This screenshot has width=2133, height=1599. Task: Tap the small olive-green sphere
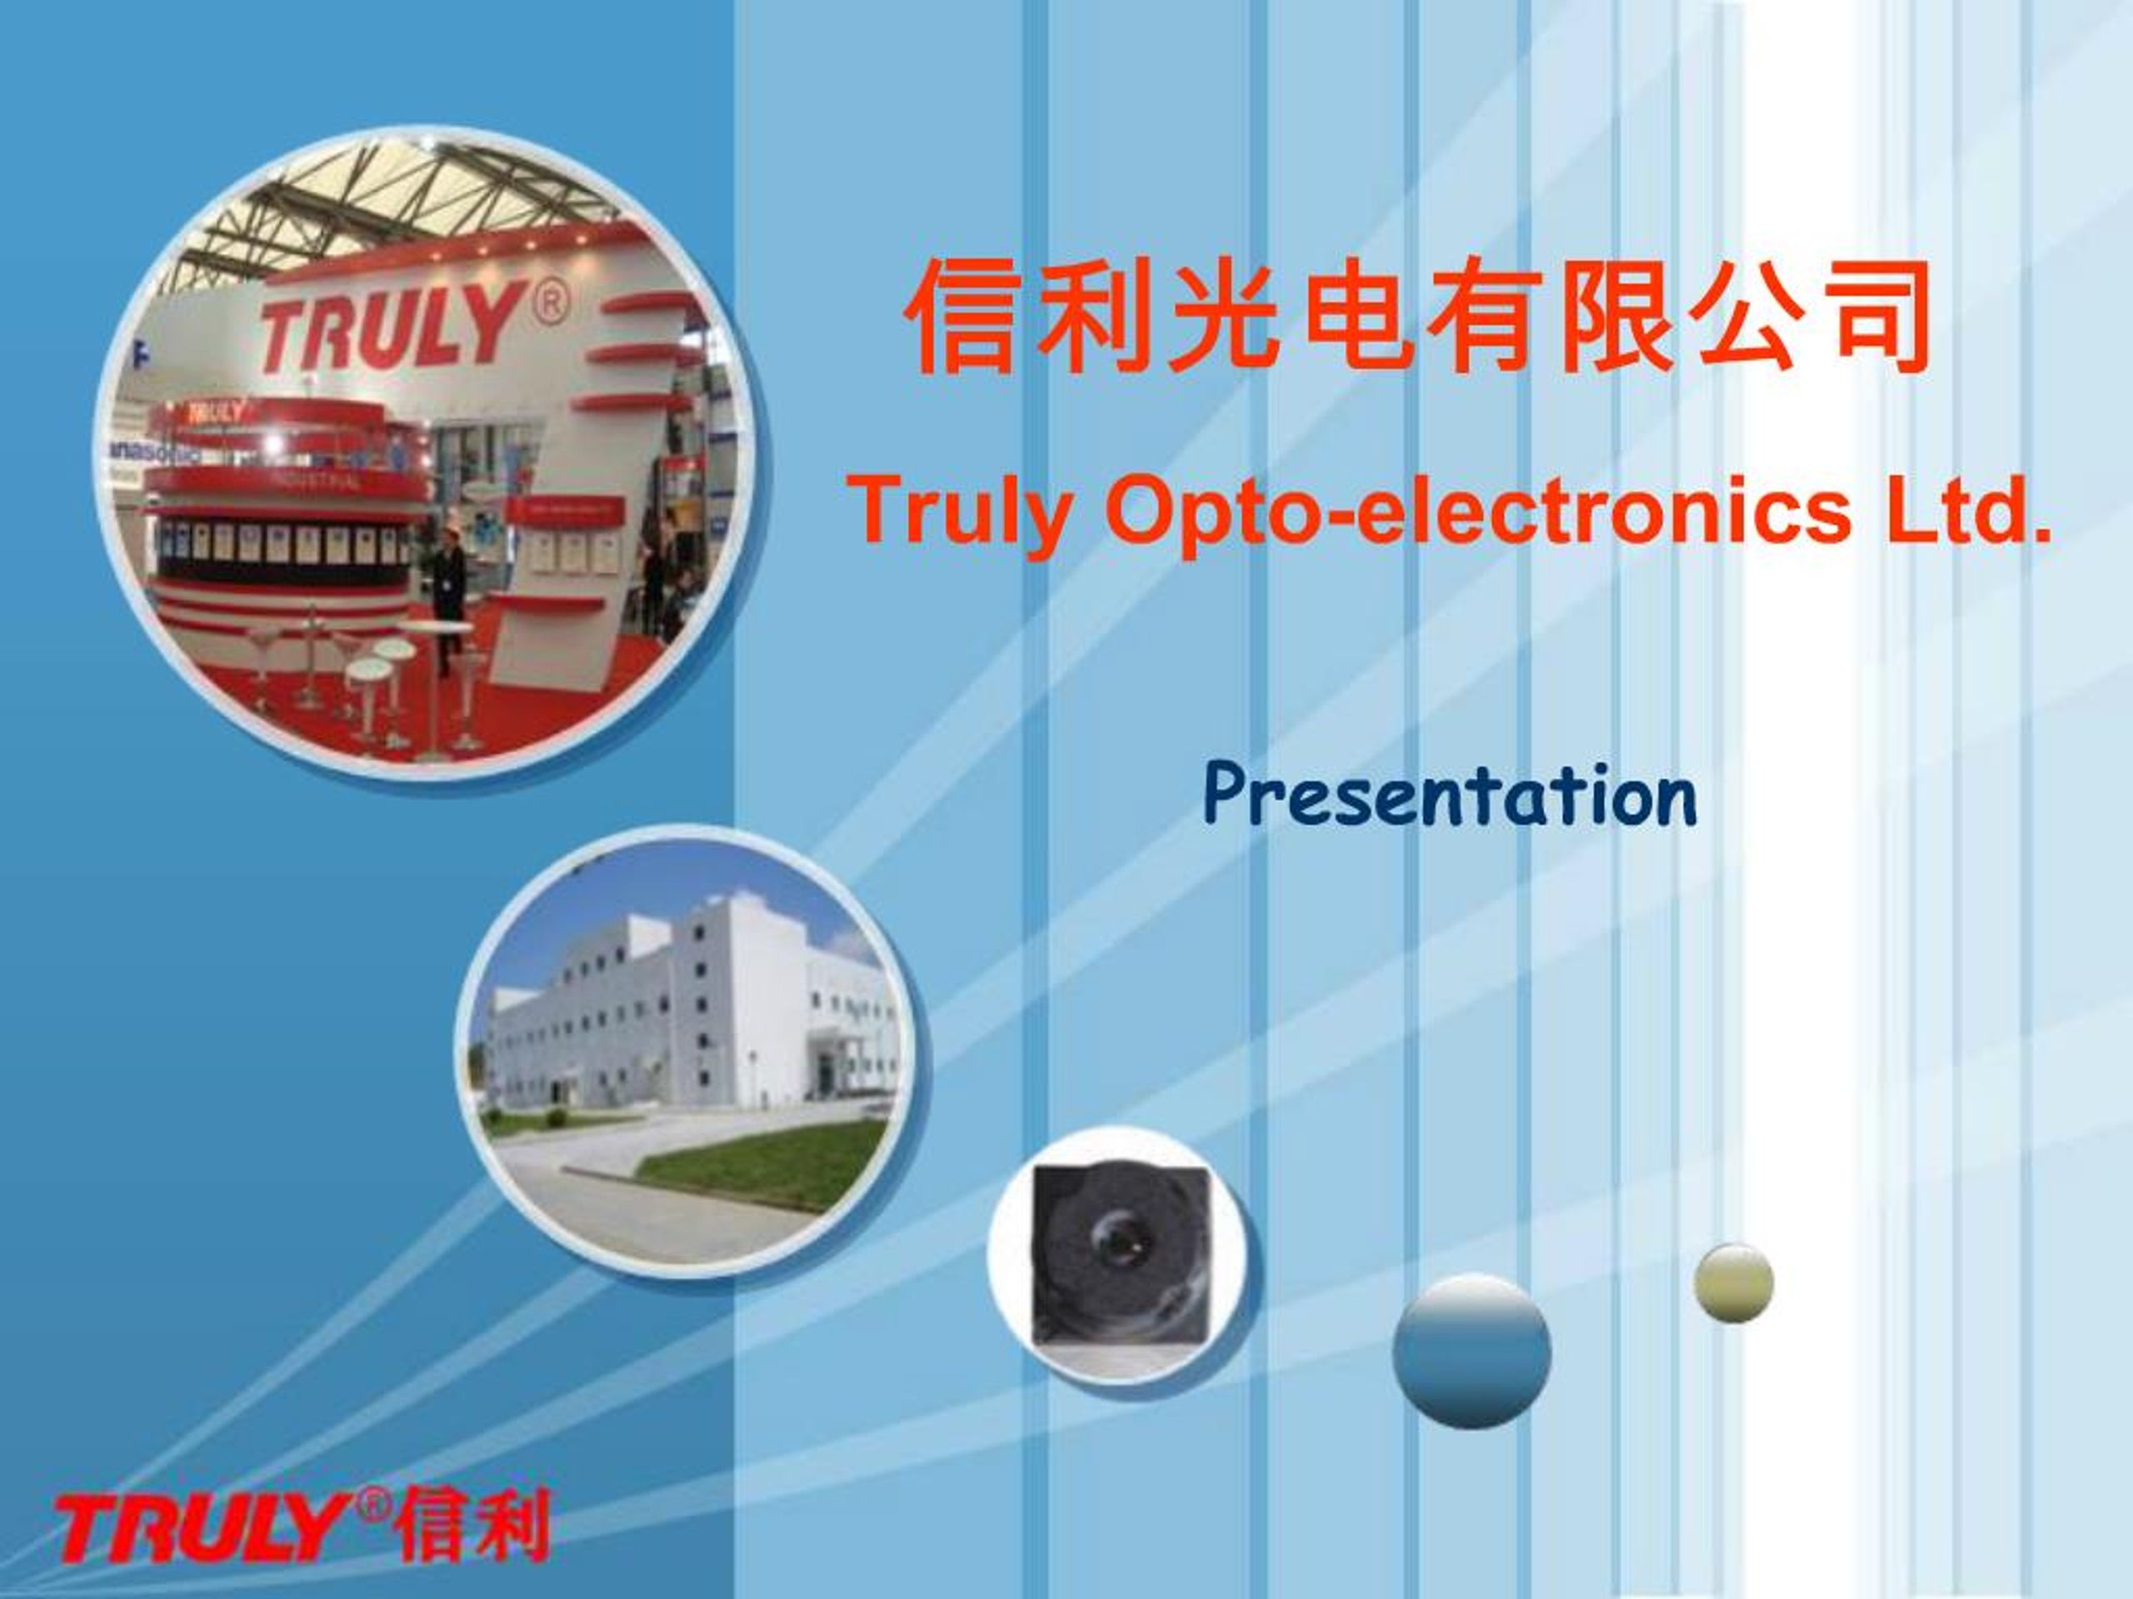click(1734, 1282)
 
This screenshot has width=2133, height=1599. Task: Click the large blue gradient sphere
click(1471, 1349)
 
